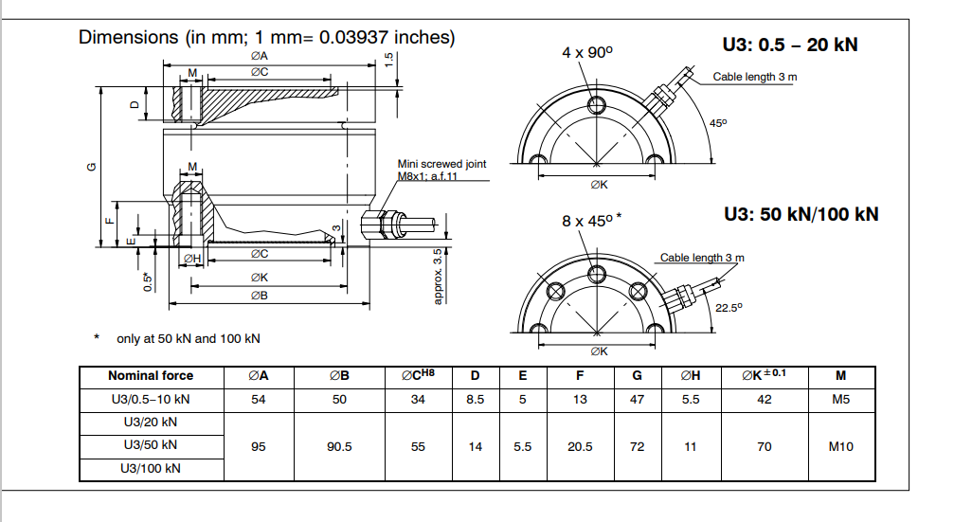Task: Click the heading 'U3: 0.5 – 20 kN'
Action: pyautogui.click(x=790, y=44)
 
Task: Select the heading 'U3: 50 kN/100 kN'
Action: pyautogui.click(x=801, y=214)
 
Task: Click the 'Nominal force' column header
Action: pyautogui.click(x=151, y=376)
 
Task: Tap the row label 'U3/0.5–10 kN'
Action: pyautogui.click(x=151, y=400)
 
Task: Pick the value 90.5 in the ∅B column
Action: pyautogui.click(x=339, y=446)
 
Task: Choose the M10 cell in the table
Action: pyautogui.click(x=840, y=446)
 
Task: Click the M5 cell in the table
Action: pyautogui.click(x=840, y=400)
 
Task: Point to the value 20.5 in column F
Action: pyautogui.click(x=580, y=446)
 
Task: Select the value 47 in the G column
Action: pyautogui.click(x=637, y=400)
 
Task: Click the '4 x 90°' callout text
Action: pyautogui.click(x=587, y=53)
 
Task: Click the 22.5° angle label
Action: pyautogui.click(x=729, y=307)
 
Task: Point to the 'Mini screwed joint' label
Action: pyautogui.click(x=441, y=164)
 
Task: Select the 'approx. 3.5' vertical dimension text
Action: pyautogui.click(x=438, y=276)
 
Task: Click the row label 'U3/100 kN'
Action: pyautogui.click(x=151, y=469)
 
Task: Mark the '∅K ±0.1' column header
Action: pyautogui.click(x=764, y=375)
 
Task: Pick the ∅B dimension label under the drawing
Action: pyautogui.click(x=259, y=296)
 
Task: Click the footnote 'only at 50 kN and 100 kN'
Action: pyautogui.click(x=189, y=337)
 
